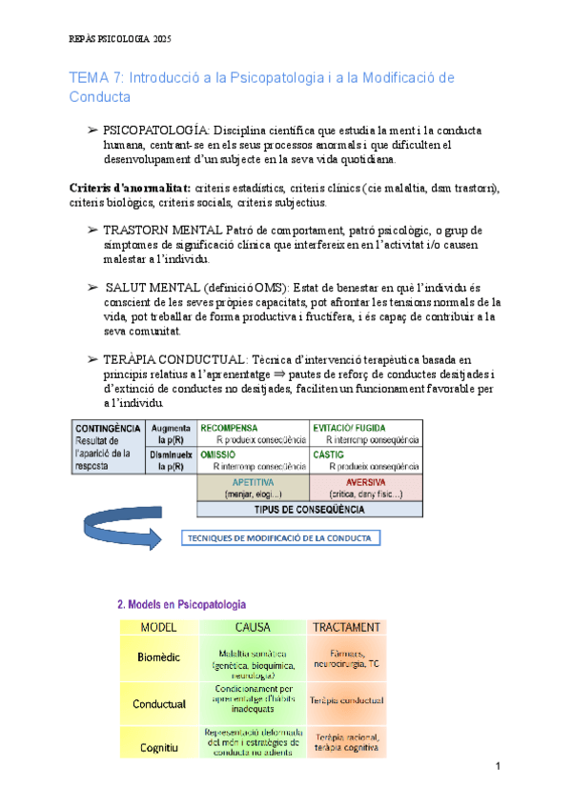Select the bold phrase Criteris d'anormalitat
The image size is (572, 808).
[x=131, y=189]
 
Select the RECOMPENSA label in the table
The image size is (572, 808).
[x=230, y=429]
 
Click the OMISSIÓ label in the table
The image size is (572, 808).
[x=218, y=455]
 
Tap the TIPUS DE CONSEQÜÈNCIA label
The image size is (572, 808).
[x=308, y=510]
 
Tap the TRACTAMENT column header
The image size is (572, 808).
[x=347, y=627]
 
